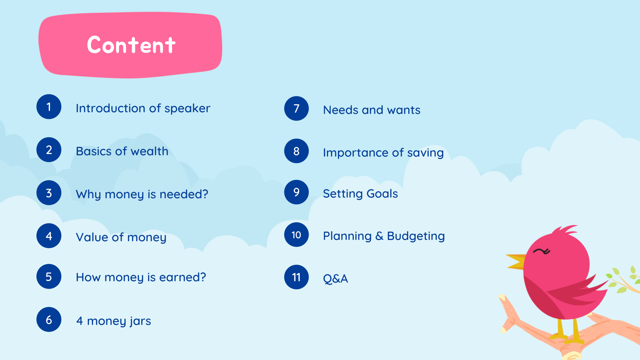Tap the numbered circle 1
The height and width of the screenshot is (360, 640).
[49, 107]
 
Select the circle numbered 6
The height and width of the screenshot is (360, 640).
[49, 319]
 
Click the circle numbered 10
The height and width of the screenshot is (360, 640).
[296, 235]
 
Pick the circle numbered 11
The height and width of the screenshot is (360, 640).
[296, 277]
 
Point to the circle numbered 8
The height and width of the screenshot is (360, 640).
[296, 151]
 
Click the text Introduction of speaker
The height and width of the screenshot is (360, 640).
[143, 108]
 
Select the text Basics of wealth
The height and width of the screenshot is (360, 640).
[122, 151]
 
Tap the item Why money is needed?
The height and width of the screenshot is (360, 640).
[142, 194]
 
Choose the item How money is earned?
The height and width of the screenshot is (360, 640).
[141, 277]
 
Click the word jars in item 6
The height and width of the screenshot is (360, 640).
[140, 321]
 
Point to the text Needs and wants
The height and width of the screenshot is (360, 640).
[372, 110]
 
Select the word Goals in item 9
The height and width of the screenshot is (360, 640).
[382, 194]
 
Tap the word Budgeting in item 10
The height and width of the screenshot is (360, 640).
[416, 236]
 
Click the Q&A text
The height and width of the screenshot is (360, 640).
[335, 279]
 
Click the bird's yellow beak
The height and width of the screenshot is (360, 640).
[516, 261]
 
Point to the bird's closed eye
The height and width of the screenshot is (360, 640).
[542, 251]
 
